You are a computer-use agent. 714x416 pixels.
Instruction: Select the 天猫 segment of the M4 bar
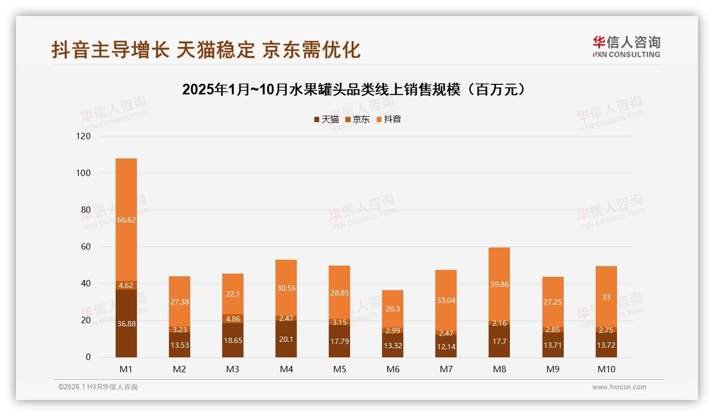pyautogui.click(x=286, y=339)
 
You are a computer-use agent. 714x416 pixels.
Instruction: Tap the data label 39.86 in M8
pyautogui.click(x=499, y=284)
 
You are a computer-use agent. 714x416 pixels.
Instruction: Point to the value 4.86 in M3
pyautogui.click(x=233, y=319)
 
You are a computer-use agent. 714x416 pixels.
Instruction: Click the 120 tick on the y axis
pyautogui.click(x=84, y=137)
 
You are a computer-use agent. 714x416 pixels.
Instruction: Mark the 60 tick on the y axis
pyautogui.click(x=86, y=247)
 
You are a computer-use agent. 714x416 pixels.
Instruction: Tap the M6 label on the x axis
pyautogui.click(x=393, y=369)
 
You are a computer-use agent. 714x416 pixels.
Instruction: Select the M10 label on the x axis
pyautogui.click(x=606, y=369)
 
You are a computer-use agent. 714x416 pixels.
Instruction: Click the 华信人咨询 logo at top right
pyautogui.click(x=626, y=46)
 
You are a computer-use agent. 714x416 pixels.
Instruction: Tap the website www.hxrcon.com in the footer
pyautogui.click(x=619, y=387)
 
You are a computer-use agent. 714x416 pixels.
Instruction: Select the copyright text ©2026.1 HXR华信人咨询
pyautogui.click(x=98, y=387)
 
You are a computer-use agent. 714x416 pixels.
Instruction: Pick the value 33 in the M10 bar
pyautogui.click(x=606, y=297)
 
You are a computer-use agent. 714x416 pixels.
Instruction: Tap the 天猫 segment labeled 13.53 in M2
pyautogui.click(x=180, y=345)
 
